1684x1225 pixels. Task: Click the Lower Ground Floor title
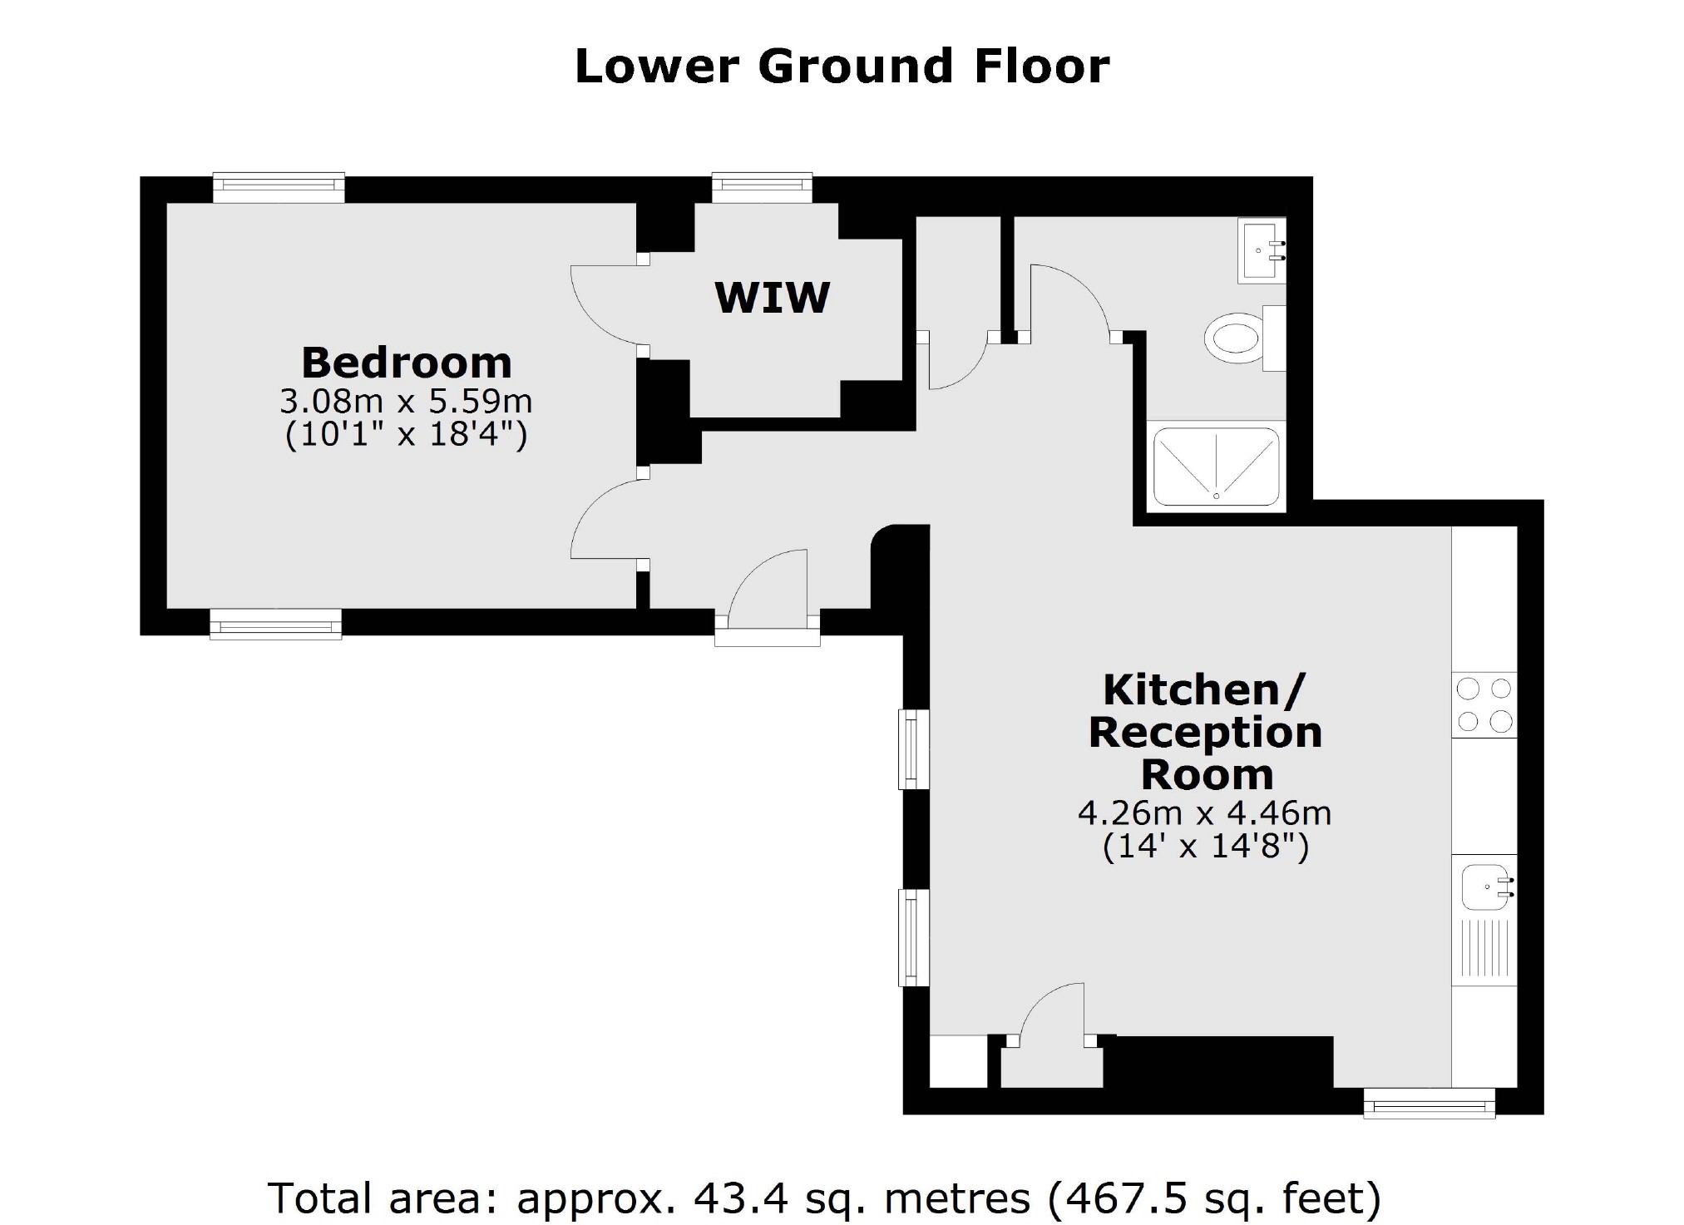[842, 67]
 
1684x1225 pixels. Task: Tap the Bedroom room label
[406, 363]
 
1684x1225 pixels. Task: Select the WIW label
[772, 298]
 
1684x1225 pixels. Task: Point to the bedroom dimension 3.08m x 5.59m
[406, 402]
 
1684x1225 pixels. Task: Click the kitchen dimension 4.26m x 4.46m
[1204, 813]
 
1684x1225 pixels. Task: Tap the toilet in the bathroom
[1234, 338]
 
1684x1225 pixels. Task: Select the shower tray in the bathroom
[1215, 467]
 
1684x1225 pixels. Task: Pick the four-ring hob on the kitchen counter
[1484, 705]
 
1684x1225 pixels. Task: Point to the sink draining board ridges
[1485, 950]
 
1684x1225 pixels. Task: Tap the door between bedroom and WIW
[607, 304]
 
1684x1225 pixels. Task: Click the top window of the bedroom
[279, 188]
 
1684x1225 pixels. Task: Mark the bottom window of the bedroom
[275, 624]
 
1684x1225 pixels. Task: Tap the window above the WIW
[762, 187]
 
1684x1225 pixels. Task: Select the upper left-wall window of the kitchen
[913, 748]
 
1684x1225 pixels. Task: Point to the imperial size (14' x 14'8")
[1205, 847]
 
